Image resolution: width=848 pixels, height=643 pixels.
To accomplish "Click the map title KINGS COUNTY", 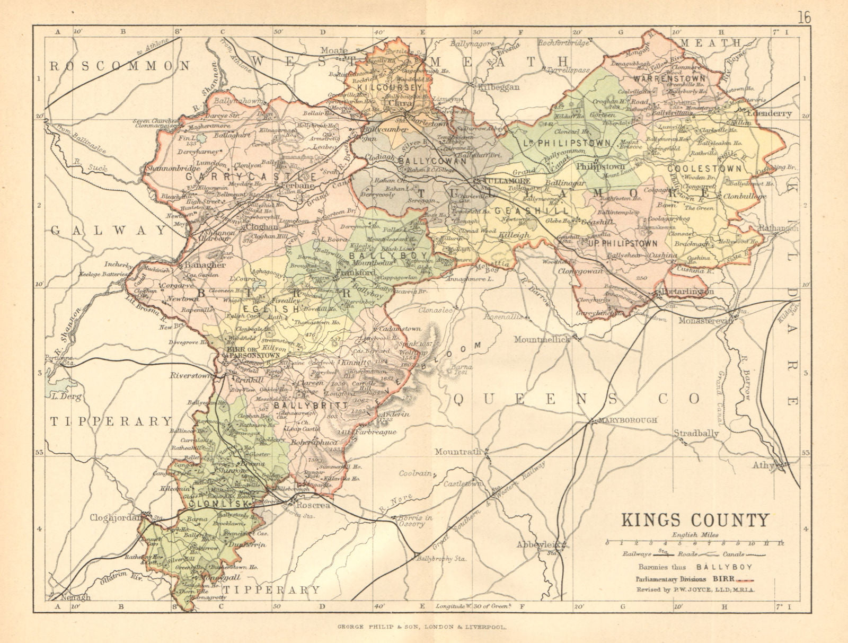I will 695,519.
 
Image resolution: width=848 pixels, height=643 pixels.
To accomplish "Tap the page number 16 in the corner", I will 803,17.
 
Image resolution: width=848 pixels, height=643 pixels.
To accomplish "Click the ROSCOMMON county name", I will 119,66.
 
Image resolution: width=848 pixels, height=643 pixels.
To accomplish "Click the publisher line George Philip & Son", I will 423,626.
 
